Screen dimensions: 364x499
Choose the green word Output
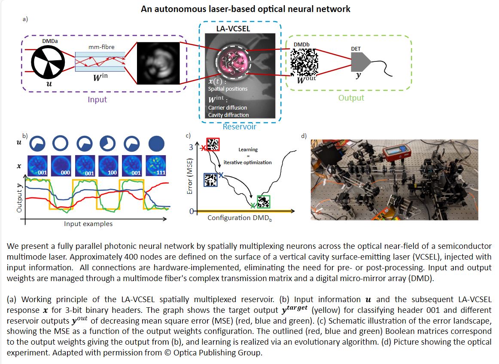[351, 98]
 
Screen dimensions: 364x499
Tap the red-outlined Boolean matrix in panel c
[213, 145]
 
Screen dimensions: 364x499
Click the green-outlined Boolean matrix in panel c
[263, 201]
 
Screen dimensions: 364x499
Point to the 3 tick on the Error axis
[192, 147]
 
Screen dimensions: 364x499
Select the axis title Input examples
[88, 223]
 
